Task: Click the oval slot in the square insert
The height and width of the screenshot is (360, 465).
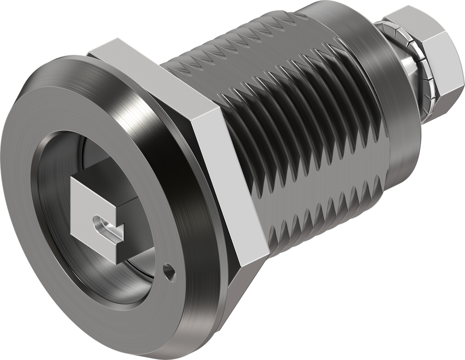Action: (x=105, y=226)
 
